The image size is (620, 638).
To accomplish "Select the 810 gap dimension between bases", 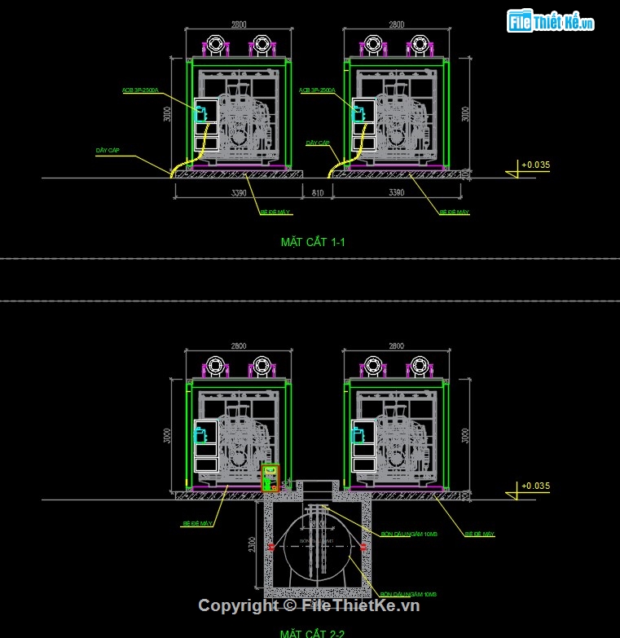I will [317, 193].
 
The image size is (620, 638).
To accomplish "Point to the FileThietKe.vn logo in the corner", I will [550, 22].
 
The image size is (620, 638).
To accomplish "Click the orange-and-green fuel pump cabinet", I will [270, 478].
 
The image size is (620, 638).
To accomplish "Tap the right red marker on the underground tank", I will [363, 547].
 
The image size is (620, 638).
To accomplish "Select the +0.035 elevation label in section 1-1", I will [534, 165].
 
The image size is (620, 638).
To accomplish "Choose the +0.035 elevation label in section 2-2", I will [534, 486].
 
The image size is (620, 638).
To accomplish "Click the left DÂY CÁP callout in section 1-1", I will [108, 151].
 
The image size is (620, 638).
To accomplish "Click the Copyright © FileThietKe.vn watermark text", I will [309, 605].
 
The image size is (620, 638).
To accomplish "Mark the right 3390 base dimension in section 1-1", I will [395, 193].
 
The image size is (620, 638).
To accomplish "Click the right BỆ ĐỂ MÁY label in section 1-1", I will [455, 212].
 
